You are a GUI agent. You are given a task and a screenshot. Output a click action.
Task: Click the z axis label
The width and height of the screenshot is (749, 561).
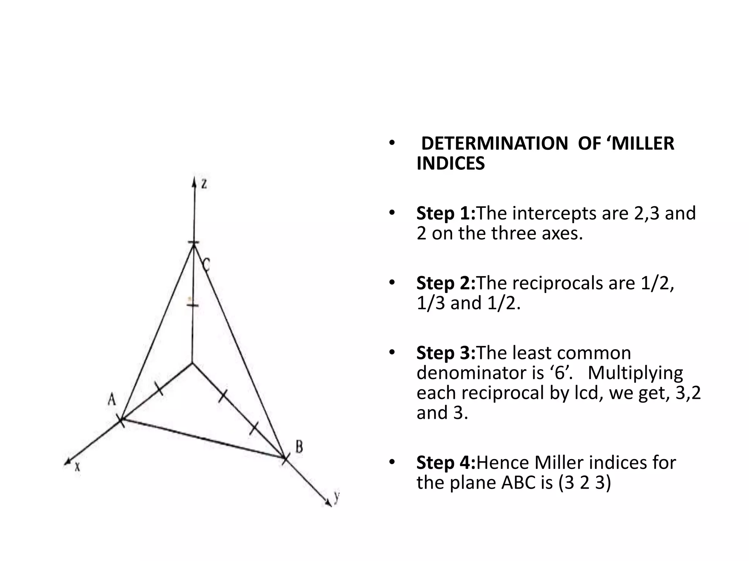(x=204, y=184)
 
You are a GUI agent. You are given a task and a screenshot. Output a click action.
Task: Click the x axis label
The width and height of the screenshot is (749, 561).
(x=78, y=466)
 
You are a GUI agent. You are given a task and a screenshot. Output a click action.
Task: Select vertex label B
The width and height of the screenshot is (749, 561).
(x=299, y=446)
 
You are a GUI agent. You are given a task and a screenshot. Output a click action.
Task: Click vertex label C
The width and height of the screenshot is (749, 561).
(x=206, y=264)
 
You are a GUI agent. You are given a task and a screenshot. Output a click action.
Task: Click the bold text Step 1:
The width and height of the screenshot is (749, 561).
(x=446, y=213)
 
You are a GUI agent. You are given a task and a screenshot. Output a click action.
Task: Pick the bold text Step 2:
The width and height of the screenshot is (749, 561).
(x=446, y=283)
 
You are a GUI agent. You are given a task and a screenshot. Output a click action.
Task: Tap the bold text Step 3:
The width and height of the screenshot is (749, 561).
(x=446, y=353)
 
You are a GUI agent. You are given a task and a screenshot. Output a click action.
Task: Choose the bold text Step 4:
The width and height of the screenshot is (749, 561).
(x=446, y=463)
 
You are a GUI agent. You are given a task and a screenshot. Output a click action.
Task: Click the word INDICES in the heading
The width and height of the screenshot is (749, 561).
(x=451, y=163)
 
